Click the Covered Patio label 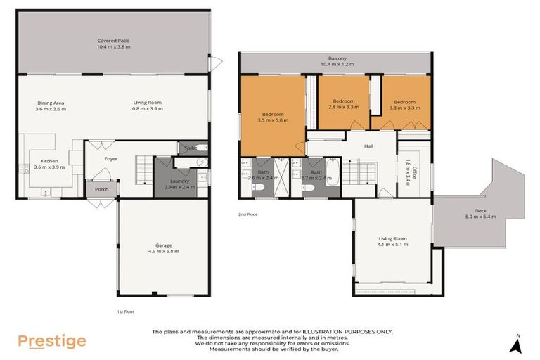point(113,41)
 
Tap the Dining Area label point(51,103)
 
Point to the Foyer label point(111,159)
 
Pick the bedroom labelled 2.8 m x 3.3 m point(344,102)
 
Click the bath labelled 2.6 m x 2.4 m point(262,172)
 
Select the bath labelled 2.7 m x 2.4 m point(313,172)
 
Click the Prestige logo point(52,341)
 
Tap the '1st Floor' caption point(125,311)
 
